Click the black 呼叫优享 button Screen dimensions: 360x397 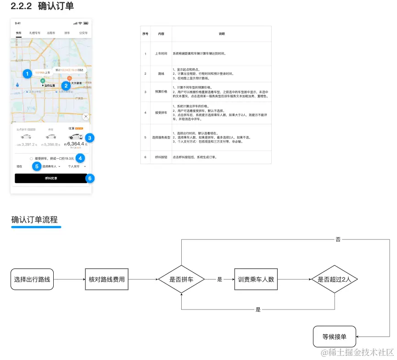(51, 178)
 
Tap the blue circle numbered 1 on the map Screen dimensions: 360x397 (27, 73)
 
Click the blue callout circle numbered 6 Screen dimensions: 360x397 (90, 178)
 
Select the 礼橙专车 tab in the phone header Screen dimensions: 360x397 (35, 33)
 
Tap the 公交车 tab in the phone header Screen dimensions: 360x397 (83, 33)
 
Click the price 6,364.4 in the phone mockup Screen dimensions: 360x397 (76, 144)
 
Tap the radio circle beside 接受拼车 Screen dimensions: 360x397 (31, 158)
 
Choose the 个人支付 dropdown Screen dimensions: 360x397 (76, 166)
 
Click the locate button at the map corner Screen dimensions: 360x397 (85, 116)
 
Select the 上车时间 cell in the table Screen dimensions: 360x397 (161, 54)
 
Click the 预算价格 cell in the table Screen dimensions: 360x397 (161, 92)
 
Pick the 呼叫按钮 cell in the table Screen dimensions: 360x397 (161, 157)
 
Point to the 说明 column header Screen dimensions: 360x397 (222, 34)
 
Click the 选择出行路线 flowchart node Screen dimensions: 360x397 (32, 279)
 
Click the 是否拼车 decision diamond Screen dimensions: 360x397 (181, 279)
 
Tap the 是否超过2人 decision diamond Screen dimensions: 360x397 (334, 279)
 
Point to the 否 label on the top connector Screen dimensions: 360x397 (338, 239)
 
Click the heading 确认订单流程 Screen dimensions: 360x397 (34, 220)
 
